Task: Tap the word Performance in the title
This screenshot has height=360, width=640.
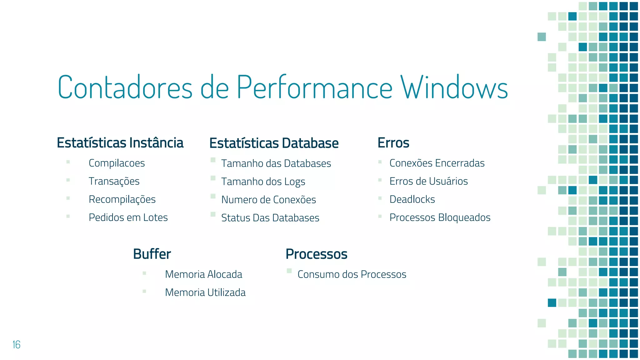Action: point(314,87)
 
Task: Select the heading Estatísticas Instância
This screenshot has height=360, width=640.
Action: point(120,143)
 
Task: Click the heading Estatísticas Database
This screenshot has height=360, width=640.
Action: point(274,143)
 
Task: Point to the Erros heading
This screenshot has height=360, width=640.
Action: point(393,143)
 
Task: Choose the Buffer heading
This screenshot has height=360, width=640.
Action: point(152,254)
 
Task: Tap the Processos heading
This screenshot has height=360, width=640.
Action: point(316,254)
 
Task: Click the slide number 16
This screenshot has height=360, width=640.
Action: point(16,345)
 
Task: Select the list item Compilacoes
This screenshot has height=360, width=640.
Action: point(117,163)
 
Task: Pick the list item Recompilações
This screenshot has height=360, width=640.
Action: point(122,199)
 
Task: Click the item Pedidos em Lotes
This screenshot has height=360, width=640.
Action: point(128,217)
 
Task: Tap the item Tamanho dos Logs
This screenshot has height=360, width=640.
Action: point(263,182)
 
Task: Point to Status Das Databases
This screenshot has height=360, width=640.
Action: point(270,218)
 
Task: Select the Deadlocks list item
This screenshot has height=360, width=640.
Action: point(412,199)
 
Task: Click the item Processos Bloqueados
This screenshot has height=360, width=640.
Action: point(440,217)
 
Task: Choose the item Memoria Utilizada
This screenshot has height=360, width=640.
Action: point(205,292)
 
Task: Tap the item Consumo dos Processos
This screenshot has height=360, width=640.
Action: point(352,274)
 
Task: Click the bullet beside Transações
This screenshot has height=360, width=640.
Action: point(68,180)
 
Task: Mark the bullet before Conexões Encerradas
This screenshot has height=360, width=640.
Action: point(380,162)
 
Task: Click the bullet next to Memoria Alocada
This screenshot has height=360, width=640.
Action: point(144,273)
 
